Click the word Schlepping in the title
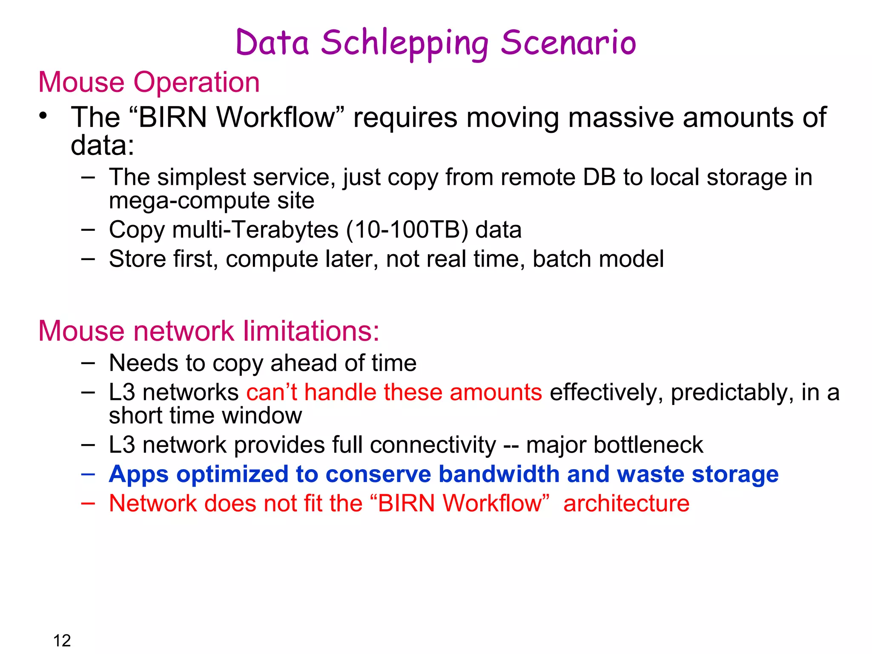coord(404,43)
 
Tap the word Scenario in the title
coord(568,43)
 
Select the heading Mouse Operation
coord(149,82)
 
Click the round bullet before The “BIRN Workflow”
coord(43,116)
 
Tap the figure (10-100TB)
coord(407,230)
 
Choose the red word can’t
coord(271,392)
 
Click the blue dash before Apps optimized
coord(88,474)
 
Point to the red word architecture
coord(626,503)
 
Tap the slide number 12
coord(62,640)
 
